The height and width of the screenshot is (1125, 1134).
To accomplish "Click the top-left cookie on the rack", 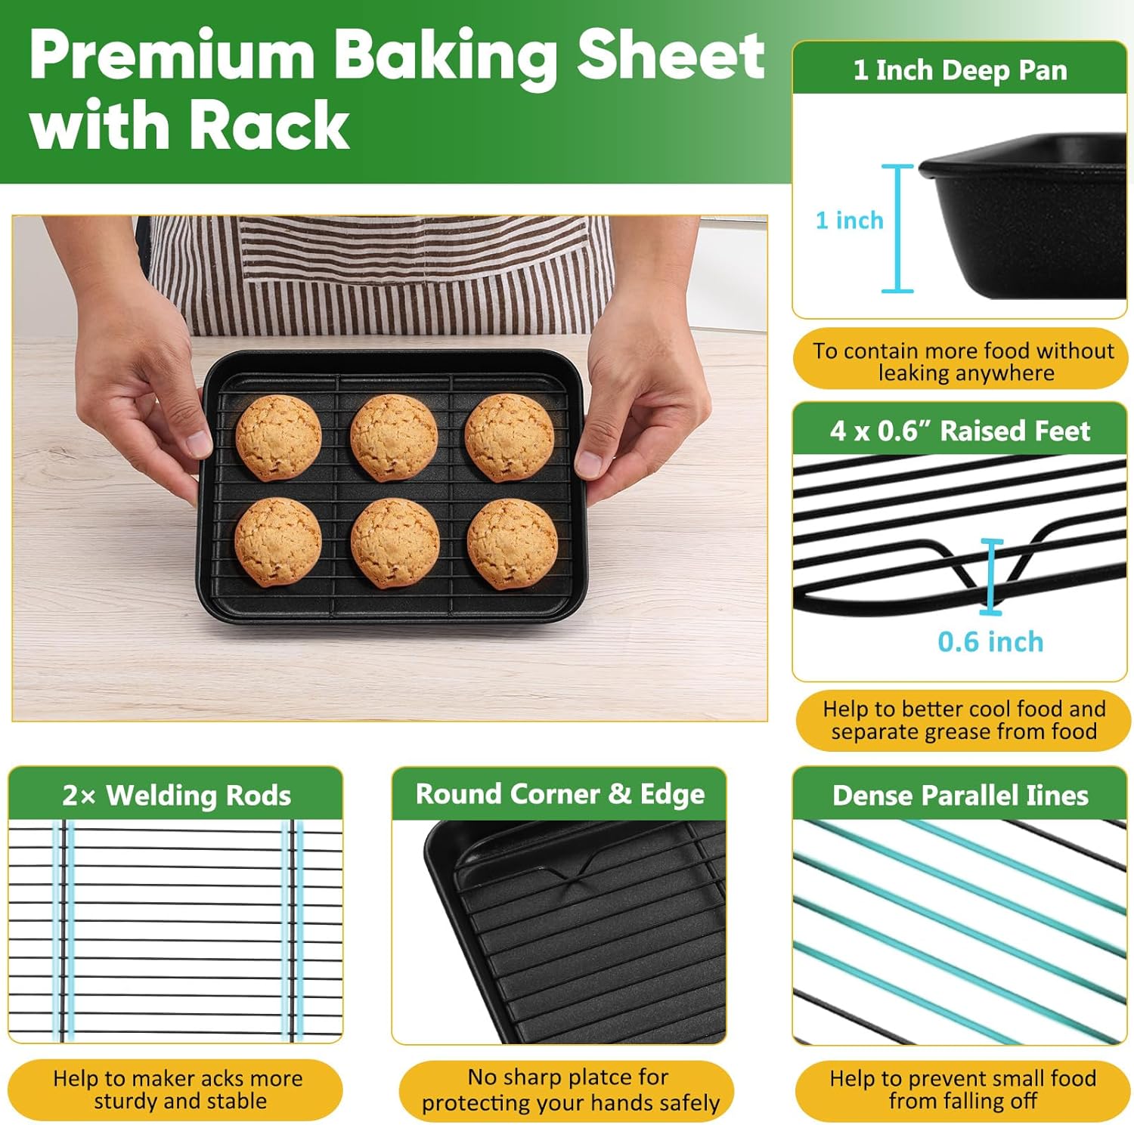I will (x=278, y=437).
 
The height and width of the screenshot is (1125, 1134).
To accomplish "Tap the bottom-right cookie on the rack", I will (x=512, y=543).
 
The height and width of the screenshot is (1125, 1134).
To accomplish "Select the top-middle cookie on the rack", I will (x=394, y=437).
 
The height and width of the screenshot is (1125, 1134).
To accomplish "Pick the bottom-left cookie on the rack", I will (x=277, y=542).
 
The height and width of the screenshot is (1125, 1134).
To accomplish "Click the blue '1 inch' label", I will (x=849, y=220).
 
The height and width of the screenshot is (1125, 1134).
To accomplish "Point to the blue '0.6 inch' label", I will (x=990, y=641).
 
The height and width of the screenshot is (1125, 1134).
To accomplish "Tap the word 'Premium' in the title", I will (x=172, y=55).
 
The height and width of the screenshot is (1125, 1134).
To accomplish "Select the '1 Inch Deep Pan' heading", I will (x=960, y=70).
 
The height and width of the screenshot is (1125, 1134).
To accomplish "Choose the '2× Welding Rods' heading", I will (x=176, y=795).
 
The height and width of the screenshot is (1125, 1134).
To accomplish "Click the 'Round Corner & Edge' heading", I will (x=559, y=793).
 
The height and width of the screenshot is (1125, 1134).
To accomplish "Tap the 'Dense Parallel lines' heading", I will (x=960, y=795).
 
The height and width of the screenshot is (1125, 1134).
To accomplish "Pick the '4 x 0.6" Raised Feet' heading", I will (x=960, y=431).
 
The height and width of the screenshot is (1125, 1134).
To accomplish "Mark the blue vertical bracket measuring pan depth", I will (x=898, y=228).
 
